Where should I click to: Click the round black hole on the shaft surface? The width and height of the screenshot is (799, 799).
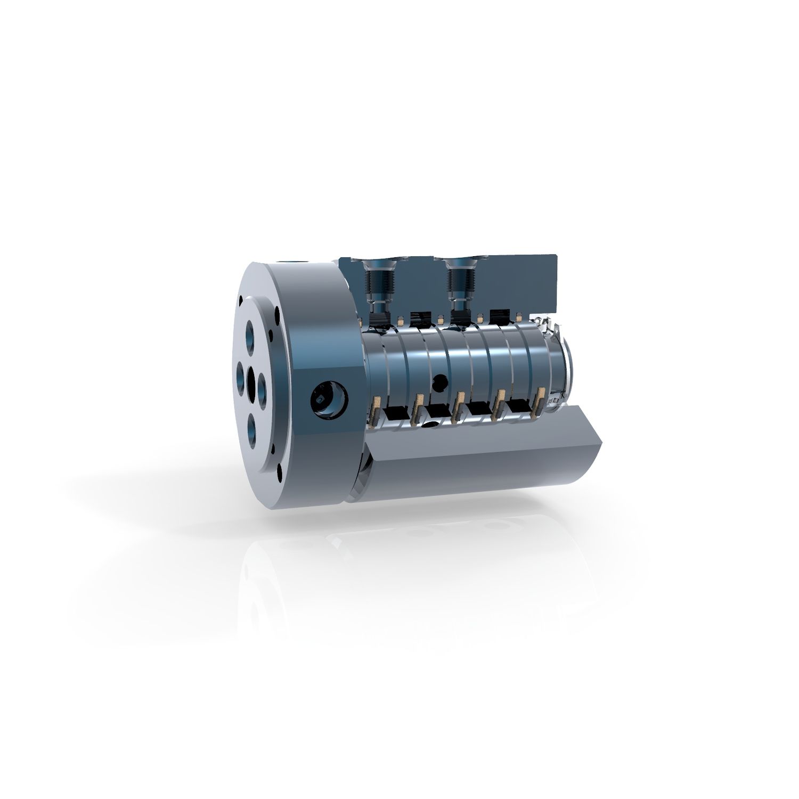pos(440,381)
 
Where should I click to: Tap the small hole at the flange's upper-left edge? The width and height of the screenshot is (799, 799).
pos(242,299)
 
